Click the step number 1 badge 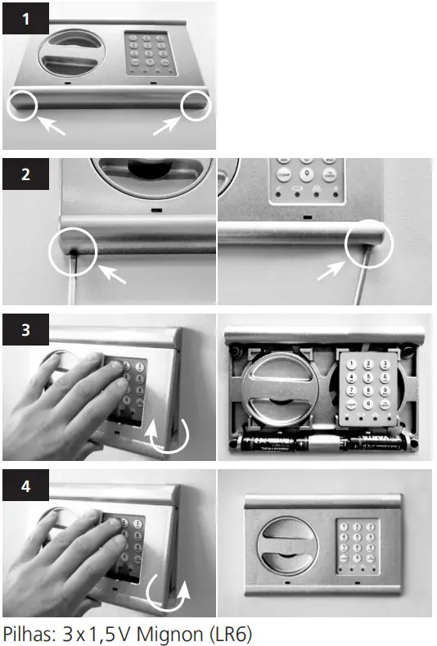click(25, 19)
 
